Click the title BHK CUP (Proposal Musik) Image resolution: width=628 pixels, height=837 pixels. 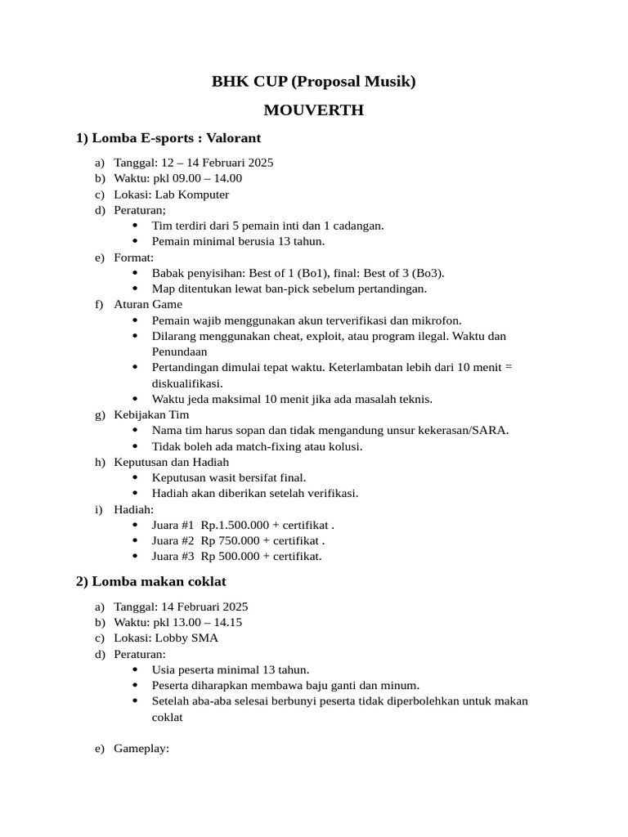[314, 81]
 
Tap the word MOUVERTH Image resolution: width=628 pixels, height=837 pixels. [314, 110]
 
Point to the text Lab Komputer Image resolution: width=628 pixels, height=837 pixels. [192, 195]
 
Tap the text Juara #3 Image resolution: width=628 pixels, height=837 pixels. [173, 557]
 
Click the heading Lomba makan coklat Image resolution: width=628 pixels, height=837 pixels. [159, 581]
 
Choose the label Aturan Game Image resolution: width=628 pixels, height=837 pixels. [149, 305]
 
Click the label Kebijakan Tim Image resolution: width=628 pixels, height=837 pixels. [151, 414]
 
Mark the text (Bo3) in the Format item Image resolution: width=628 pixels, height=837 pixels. [427, 273]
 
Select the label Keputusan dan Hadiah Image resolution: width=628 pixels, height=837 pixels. [171, 462]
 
